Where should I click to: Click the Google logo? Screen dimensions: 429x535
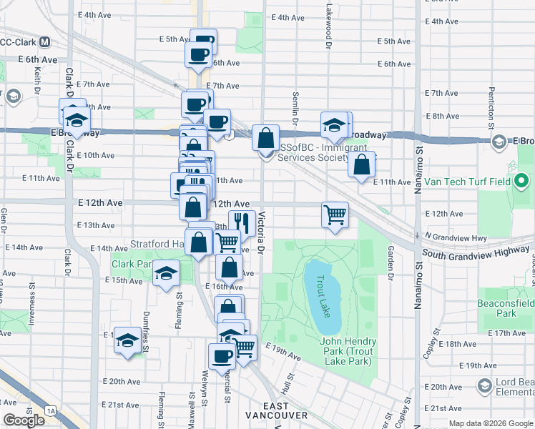pos(24,420)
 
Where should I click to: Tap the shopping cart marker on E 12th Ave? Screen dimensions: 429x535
pos(335,214)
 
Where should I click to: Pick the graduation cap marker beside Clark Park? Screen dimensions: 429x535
pos(166,274)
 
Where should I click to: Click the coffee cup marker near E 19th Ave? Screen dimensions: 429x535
pos(222,355)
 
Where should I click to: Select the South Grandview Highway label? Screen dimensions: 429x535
pos(477,254)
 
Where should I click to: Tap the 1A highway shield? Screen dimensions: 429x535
pos(49,410)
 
